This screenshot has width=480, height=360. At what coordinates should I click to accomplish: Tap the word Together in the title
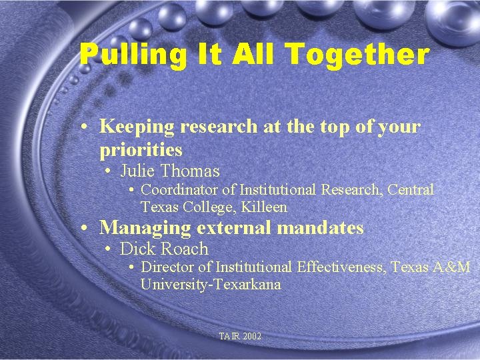365,55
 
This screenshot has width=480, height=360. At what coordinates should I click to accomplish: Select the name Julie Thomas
169,171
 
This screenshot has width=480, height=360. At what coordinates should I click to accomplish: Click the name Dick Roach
164,249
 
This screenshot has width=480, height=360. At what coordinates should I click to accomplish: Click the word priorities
141,150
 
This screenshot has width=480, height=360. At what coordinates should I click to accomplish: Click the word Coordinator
181,190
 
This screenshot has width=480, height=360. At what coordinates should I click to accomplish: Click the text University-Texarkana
211,285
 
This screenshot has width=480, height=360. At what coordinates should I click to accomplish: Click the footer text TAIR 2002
240,337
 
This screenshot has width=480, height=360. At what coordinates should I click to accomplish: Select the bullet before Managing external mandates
85,228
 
